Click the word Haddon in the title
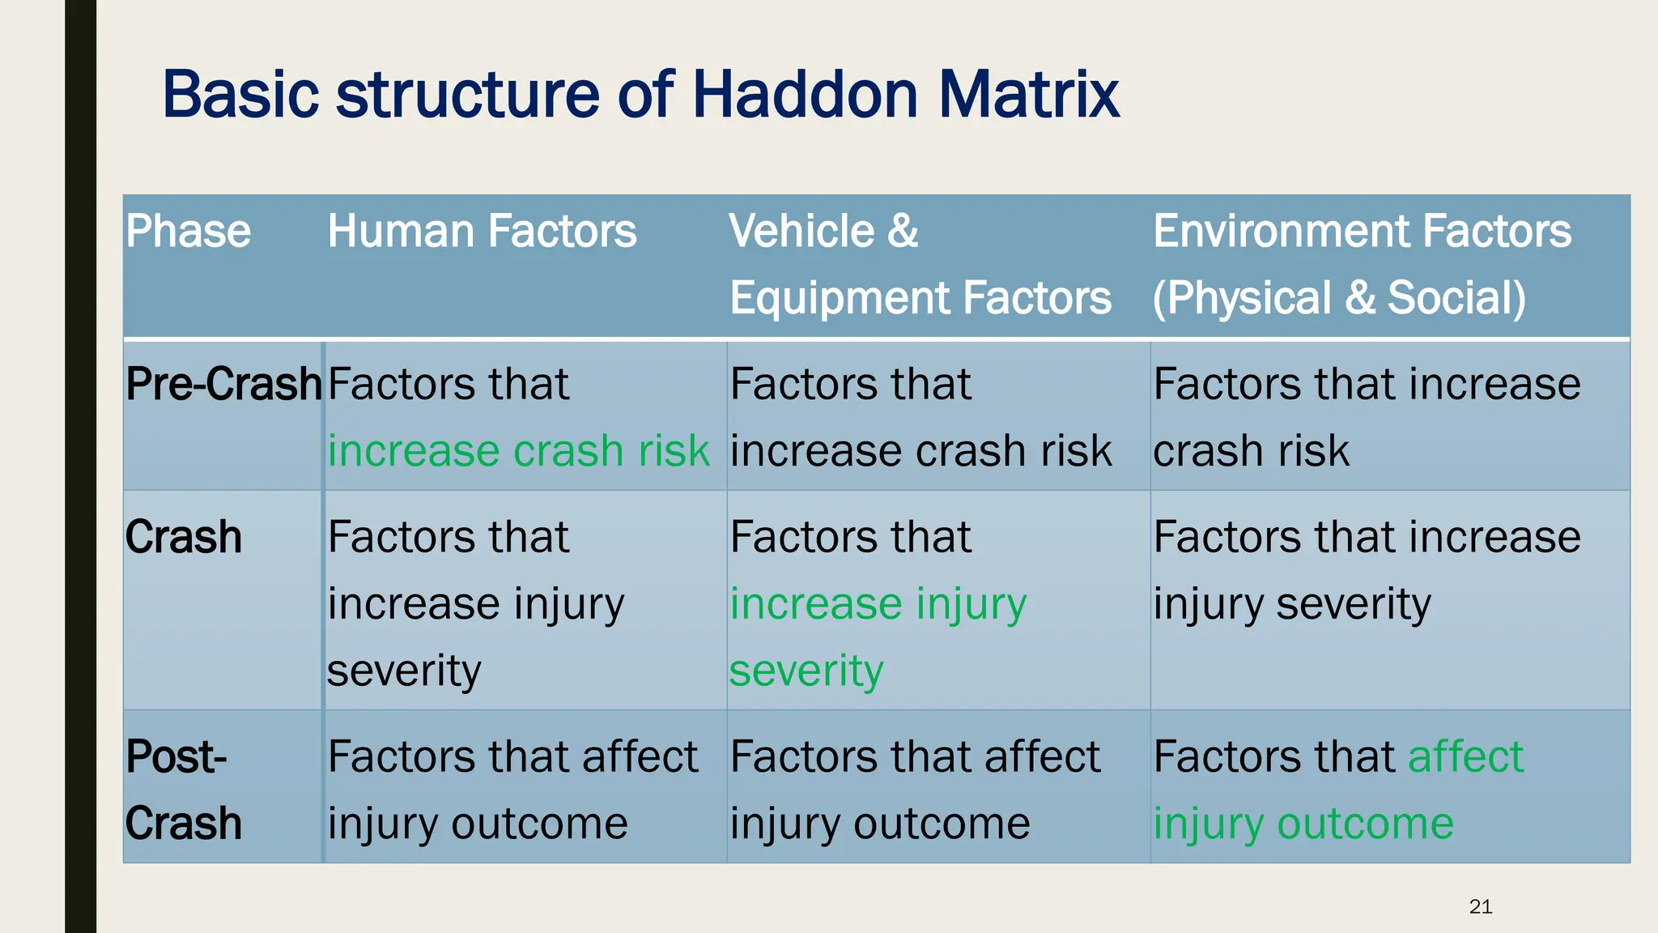[x=805, y=95]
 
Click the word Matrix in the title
[x=1028, y=95]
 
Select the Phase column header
[x=188, y=232]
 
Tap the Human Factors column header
[x=482, y=232]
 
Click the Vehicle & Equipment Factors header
[x=920, y=264]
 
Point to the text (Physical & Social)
[x=1339, y=298]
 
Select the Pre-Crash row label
[x=223, y=384]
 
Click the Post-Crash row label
[x=184, y=790]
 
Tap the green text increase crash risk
[x=518, y=451]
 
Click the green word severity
[x=806, y=671]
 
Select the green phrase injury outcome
[x=1303, y=824]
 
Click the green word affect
[x=1465, y=757]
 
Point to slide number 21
[x=1480, y=906]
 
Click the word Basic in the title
[x=240, y=95]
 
